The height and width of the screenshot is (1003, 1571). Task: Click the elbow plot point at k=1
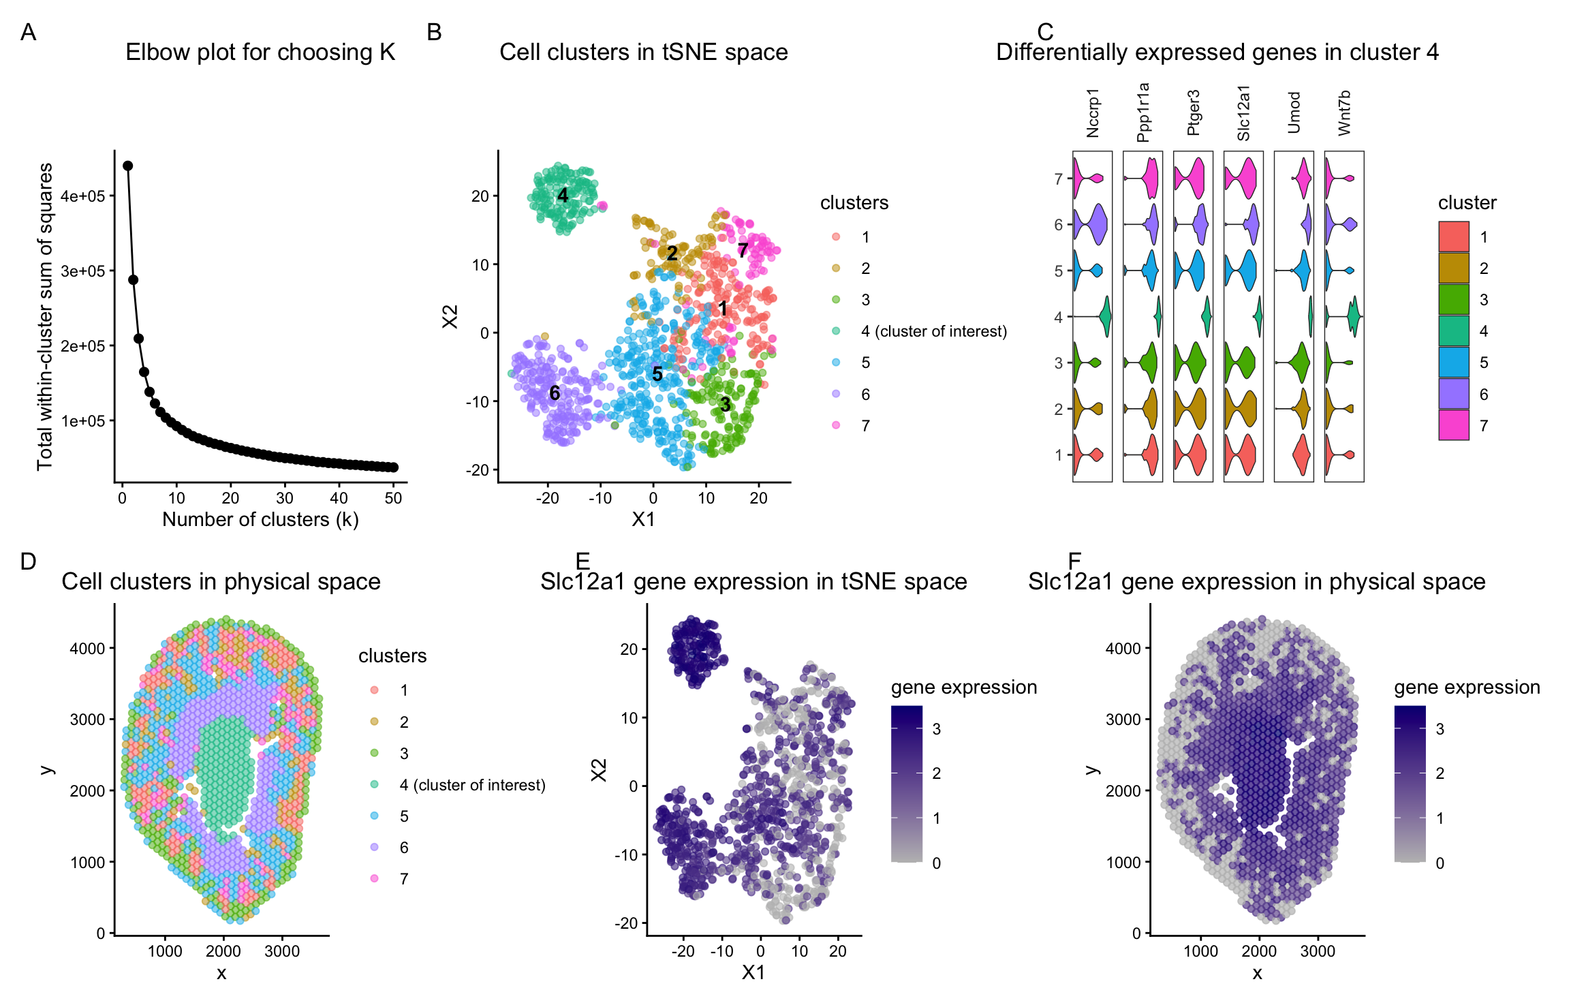[x=127, y=166]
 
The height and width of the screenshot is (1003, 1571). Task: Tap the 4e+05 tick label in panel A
[x=82, y=196]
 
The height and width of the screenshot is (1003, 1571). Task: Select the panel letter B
[x=434, y=32]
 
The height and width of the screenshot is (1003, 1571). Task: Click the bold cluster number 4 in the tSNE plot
[x=563, y=196]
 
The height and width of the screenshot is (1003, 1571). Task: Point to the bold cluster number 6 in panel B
[x=555, y=392]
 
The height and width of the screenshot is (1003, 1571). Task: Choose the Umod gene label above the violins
[x=1294, y=112]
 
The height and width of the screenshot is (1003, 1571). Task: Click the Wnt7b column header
[x=1344, y=112]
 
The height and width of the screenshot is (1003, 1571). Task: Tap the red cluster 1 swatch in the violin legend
[x=1453, y=236]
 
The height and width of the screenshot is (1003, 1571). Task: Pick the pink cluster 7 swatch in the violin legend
[x=1453, y=425]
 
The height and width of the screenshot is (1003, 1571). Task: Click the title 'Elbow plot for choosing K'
[x=260, y=52]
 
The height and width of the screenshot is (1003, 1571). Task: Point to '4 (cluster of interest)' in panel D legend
[x=472, y=785]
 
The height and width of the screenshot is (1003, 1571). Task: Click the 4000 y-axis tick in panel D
[x=87, y=648]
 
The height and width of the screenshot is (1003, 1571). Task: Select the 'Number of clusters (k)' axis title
[x=260, y=519]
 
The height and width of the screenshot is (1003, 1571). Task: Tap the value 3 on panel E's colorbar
[x=937, y=729]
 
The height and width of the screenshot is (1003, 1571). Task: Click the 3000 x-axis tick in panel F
[x=1317, y=951]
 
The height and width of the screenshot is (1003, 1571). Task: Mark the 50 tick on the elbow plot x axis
[x=393, y=498]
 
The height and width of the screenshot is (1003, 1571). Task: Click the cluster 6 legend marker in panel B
[x=836, y=394]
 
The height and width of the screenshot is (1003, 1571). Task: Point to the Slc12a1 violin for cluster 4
[x=1258, y=316]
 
